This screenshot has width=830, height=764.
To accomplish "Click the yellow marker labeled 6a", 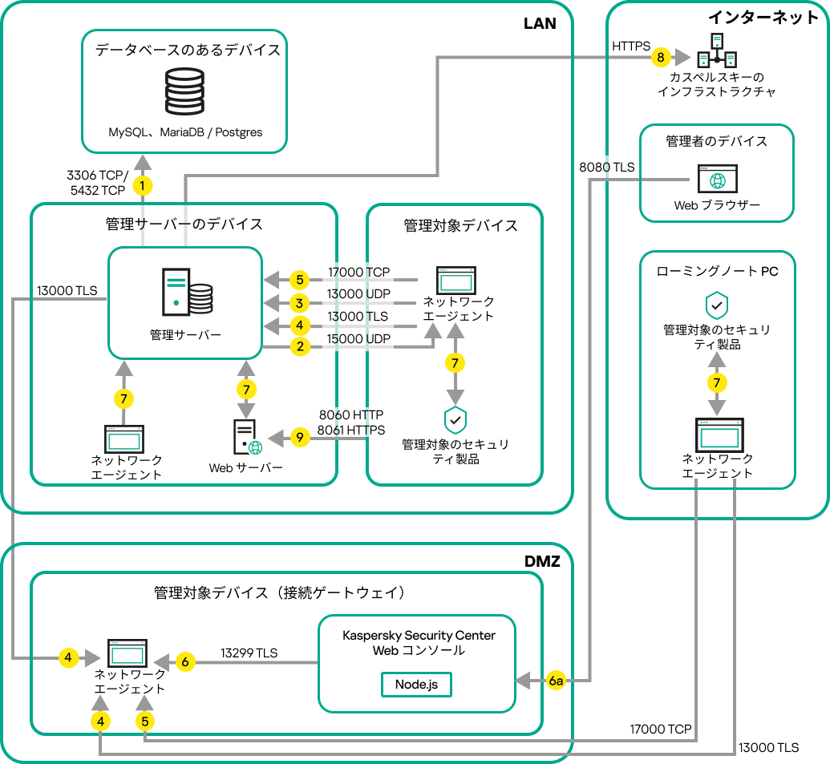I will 557,681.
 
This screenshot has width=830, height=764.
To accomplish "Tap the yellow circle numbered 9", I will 299,438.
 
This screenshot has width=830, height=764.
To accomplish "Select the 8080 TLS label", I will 607,168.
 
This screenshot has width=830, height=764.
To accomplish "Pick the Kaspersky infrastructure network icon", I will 716,51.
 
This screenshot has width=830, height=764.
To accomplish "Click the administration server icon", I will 187,293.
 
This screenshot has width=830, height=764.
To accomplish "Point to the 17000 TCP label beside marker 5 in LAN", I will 358,273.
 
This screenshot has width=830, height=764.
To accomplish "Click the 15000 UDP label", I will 358,339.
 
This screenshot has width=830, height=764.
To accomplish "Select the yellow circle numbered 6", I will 185,662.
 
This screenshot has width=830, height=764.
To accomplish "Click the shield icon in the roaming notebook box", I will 715,305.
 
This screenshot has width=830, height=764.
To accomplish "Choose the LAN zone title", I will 540,23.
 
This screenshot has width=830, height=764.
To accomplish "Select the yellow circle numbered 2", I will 299,346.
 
